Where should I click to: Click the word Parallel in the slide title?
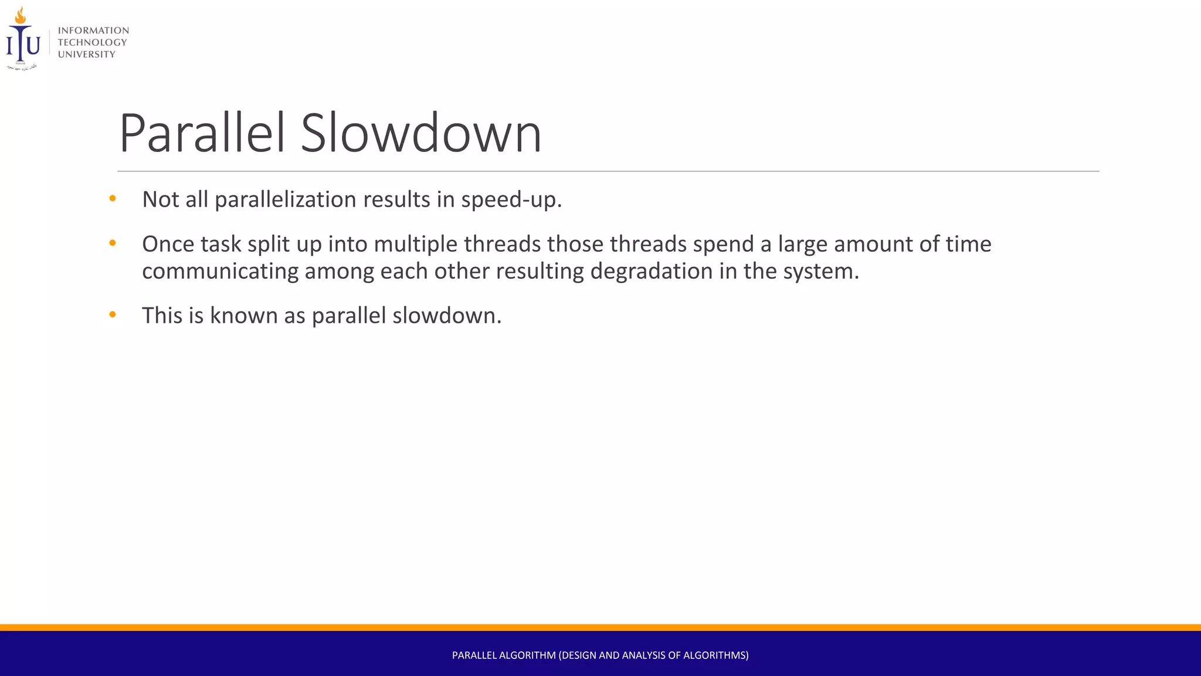pyautogui.click(x=202, y=134)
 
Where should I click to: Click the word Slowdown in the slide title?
pyautogui.click(x=420, y=134)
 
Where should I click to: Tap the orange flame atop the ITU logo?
pyautogui.click(x=21, y=16)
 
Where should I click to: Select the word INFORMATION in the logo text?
pyautogui.click(x=93, y=31)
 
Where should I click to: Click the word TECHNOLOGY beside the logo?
pyautogui.click(x=92, y=42)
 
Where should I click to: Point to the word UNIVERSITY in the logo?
pyautogui.click(x=86, y=55)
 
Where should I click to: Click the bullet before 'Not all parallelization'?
pyautogui.click(x=113, y=199)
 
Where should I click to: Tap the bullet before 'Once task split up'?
pyautogui.click(x=113, y=243)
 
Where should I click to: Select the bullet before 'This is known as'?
pyautogui.click(x=113, y=315)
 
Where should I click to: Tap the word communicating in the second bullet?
pyautogui.click(x=220, y=272)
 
